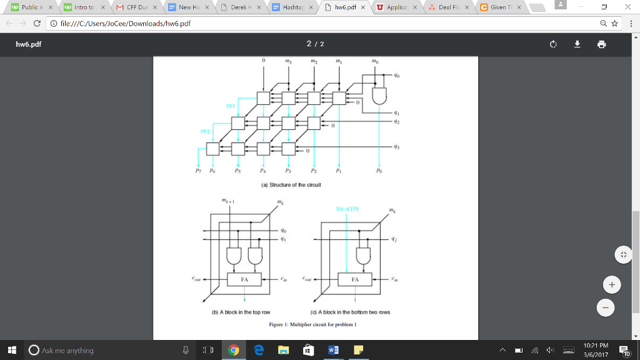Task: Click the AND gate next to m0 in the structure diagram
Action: (x=379, y=94)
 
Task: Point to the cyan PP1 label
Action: (x=231, y=106)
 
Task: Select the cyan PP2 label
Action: (x=204, y=132)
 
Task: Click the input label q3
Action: (x=396, y=146)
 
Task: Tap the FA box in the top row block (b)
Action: (x=245, y=280)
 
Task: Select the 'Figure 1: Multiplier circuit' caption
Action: (x=311, y=324)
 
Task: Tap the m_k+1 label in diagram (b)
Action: (x=227, y=201)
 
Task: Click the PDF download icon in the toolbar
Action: (x=577, y=44)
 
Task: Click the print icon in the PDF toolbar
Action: (x=601, y=44)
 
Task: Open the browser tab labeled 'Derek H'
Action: (x=241, y=7)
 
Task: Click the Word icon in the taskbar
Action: (x=331, y=350)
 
